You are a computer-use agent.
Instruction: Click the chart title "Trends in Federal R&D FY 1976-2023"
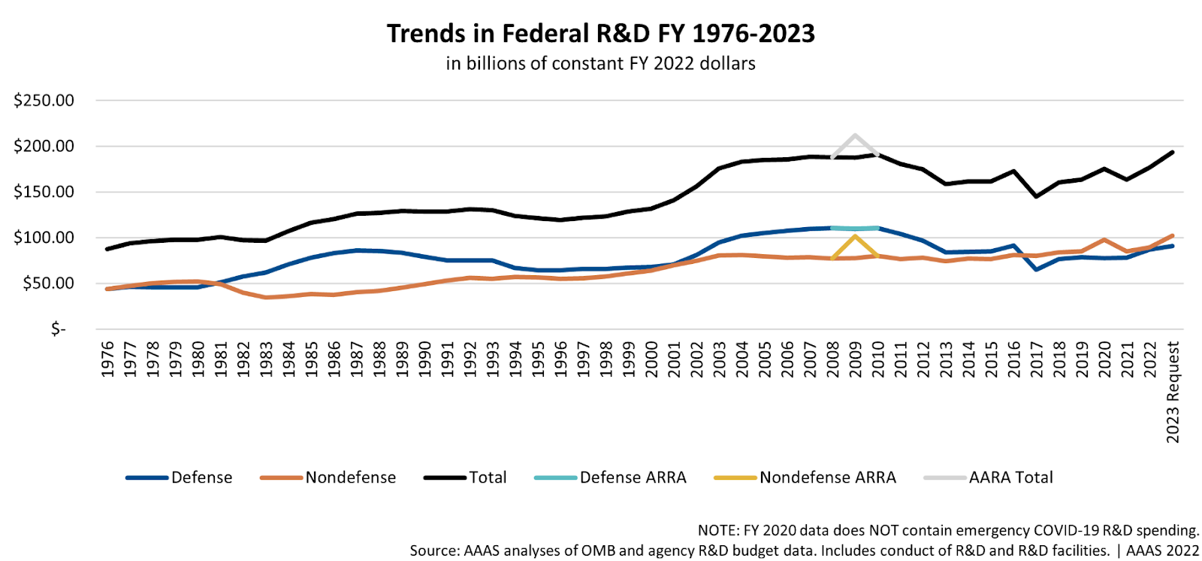[x=600, y=34]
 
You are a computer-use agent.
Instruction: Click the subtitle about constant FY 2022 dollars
[x=600, y=63]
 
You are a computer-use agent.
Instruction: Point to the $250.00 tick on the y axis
[x=44, y=101]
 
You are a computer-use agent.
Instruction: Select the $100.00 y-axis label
[x=44, y=238]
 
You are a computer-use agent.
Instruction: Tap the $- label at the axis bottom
[x=58, y=329]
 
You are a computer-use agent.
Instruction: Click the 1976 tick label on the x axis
[x=108, y=359]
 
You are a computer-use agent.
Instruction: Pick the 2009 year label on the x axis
[x=856, y=359]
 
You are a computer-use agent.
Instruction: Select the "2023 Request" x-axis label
[x=1173, y=392]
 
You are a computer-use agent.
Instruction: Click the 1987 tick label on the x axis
[x=358, y=359]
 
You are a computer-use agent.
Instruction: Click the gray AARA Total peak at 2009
[x=855, y=135]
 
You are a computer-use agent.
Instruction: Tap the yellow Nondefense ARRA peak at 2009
[x=855, y=236]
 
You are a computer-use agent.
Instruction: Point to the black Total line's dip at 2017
[x=1037, y=196]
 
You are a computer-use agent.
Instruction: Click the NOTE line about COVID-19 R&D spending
[x=948, y=530]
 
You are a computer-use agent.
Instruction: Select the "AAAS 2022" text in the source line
[x=1162, y=550]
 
